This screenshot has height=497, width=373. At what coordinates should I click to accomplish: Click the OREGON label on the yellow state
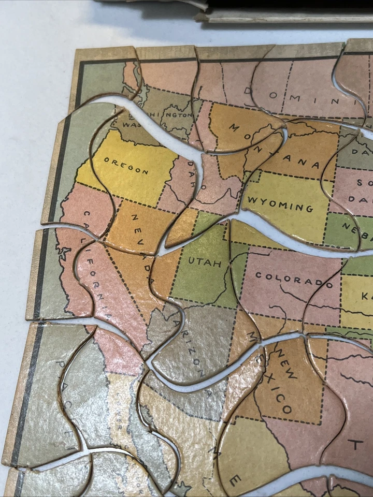(x=126, y=166)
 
